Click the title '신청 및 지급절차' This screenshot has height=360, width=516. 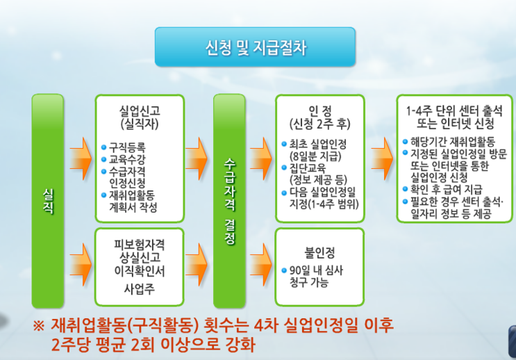pyautogui.click(x=255, y=48)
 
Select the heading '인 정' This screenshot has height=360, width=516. pyautogui.click(x=320, y=111)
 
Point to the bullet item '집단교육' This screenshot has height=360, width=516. pyautogui.click(x=313, y=168)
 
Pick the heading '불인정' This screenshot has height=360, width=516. pyautogui.click(x=320, y=249)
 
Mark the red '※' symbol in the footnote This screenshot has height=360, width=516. pyautogui.click(x=40, y=325)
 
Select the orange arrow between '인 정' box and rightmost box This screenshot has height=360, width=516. pyautogui.click(x=381, y=148)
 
